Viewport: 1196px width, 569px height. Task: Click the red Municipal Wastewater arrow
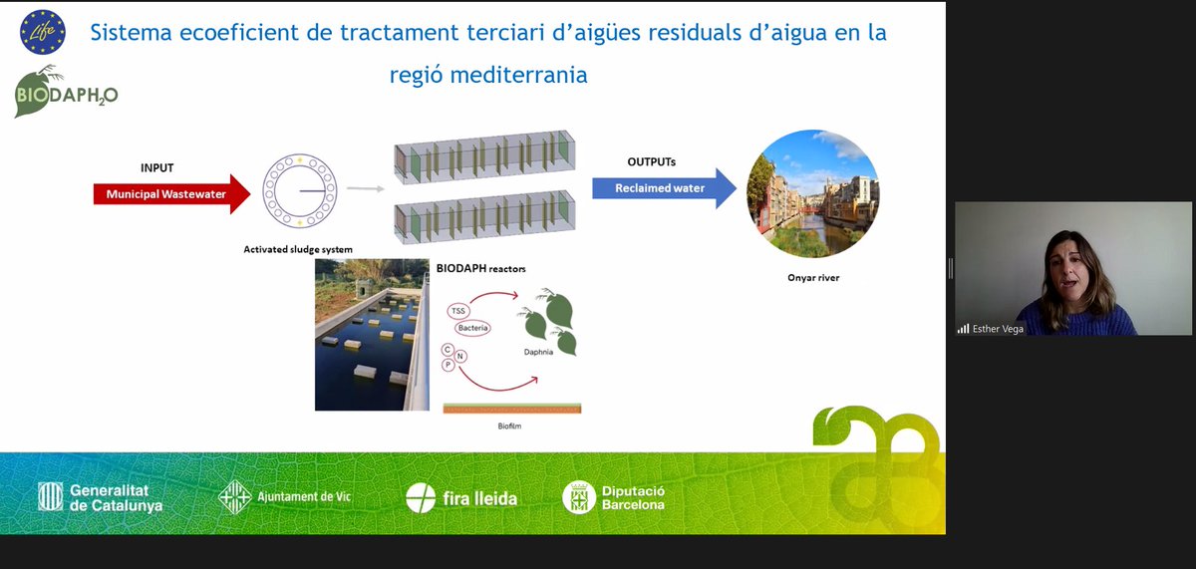[169, 194]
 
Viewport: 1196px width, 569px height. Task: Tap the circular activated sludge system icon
[300, 190]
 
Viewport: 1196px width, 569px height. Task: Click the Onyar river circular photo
[813, 194]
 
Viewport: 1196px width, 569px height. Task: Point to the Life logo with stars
[43, 32]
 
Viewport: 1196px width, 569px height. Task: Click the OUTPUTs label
[652, 161]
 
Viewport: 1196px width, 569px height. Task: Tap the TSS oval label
[458, 312]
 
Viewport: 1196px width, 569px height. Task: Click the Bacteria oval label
[472, 328]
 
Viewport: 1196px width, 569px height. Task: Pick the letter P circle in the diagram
[448, 365]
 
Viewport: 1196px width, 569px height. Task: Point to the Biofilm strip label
[510, 425]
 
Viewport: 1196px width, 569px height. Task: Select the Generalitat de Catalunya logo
[100, 496]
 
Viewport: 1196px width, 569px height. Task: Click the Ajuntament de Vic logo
[285, 496]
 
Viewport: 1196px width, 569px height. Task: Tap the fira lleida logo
[461, 497]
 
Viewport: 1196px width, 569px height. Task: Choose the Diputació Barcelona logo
[614, 496]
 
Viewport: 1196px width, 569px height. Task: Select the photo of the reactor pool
[372, 335]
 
